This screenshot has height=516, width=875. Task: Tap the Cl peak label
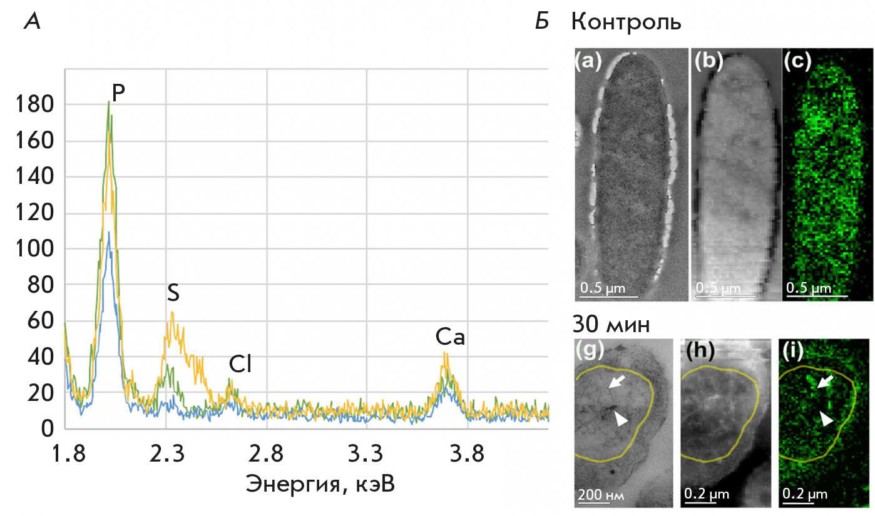pyautogui.click(x=239, y=365)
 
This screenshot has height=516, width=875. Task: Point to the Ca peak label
pyautogui.click(x=451, y=338)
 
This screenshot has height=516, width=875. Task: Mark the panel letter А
pyautogui.click(x=33, y=22)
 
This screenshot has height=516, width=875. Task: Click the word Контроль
pyautogui.click(x=627, y=23)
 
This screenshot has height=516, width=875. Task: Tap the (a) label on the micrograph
pyautogui.click(x=588, y=61)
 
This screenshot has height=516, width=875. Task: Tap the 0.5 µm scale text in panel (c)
pyautogui.click(x=808, y=288)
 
